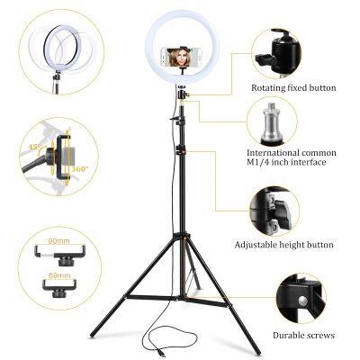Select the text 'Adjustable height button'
click(283, 244)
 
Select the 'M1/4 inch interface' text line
click(286, 162)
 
